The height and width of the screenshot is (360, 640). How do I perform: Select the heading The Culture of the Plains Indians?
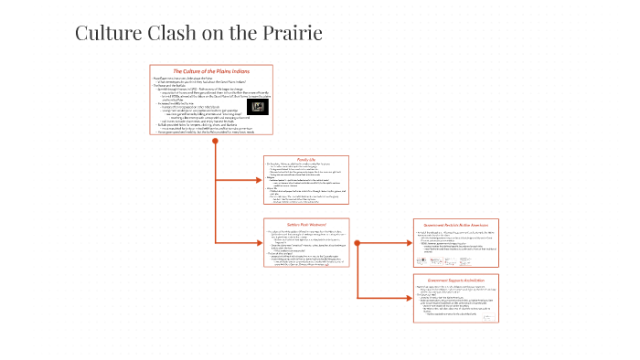212,71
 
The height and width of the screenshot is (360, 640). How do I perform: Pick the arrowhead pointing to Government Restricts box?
408,241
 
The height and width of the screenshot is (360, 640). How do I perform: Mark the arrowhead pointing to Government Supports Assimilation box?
408,297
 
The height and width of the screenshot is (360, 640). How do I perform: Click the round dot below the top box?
214,143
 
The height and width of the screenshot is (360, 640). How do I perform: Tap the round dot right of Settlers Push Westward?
358,241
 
